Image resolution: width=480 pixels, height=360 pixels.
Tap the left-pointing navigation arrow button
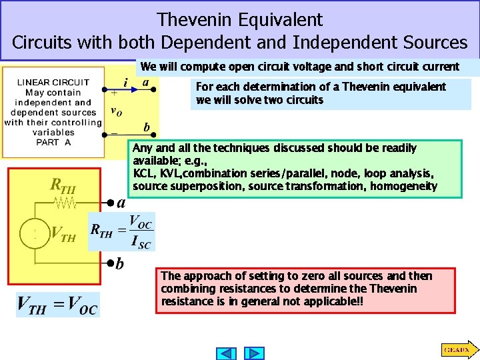pos(227,353)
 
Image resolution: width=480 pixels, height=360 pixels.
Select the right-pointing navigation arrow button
pos(254,353)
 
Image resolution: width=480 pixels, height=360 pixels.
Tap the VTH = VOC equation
pos(58,305)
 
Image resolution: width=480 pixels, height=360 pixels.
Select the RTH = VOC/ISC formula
pos(122,232)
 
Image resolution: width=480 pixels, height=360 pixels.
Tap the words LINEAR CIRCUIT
pos(53,83)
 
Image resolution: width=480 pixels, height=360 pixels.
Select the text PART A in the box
pos(54,142)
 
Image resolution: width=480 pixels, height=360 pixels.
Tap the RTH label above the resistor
pos(63,185)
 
